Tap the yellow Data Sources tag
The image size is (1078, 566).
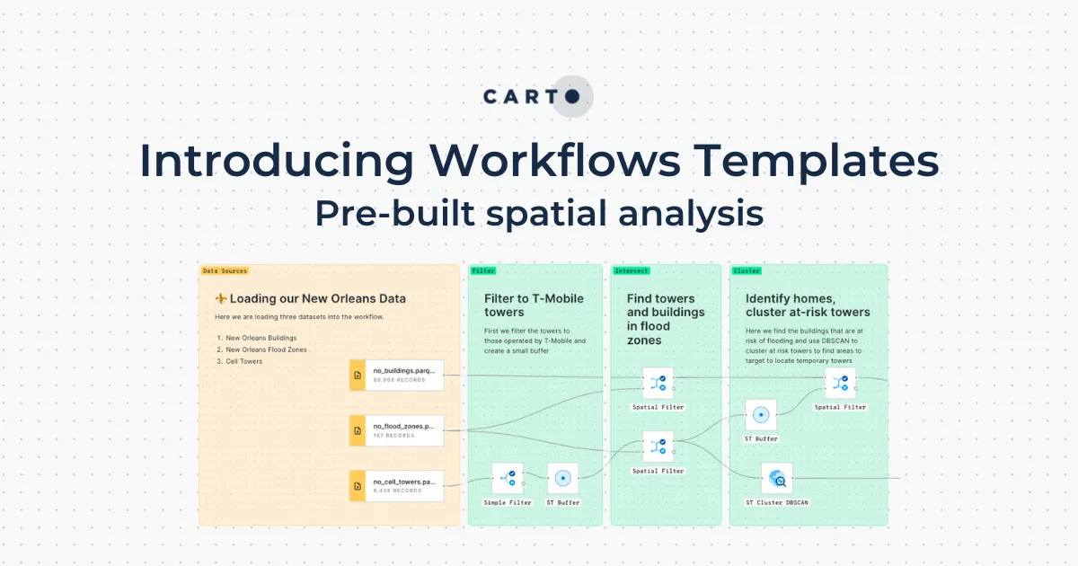pos(225,270)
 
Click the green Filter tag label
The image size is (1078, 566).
pos(483,270)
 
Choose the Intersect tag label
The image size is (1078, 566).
pos(632,270)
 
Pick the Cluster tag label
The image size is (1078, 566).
pos(747,270)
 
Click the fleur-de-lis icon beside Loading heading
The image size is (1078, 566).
pos(221,298)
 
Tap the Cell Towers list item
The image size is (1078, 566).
pos(243,361)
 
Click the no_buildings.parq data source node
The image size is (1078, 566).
pos(397,374)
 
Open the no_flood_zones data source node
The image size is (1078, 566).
pos(397,430)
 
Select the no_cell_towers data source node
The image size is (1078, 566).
pos(397,486)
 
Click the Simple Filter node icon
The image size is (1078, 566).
pos(508,478)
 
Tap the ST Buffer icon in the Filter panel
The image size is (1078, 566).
pos(563,478)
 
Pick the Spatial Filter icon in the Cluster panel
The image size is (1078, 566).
pos(840,383)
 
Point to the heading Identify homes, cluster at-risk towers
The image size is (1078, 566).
pos(808,305)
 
